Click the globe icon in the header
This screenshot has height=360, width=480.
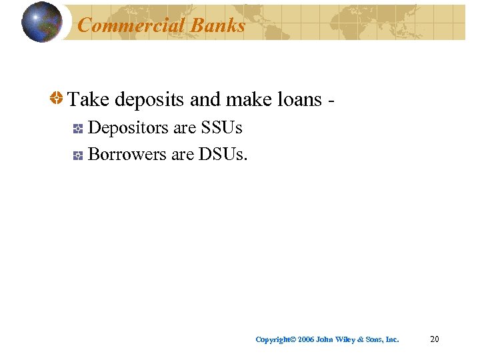coord(41,22)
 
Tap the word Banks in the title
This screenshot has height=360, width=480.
coord(217,25)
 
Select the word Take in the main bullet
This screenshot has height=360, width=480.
coord(89,100)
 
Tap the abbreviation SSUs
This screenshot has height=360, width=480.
coord(221,127)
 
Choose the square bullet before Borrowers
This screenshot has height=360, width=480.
coord(77,155)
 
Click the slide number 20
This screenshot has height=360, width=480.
coord(434,339)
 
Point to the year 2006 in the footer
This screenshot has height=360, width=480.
coord(306,340)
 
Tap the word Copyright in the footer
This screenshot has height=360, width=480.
coord(273,340)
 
